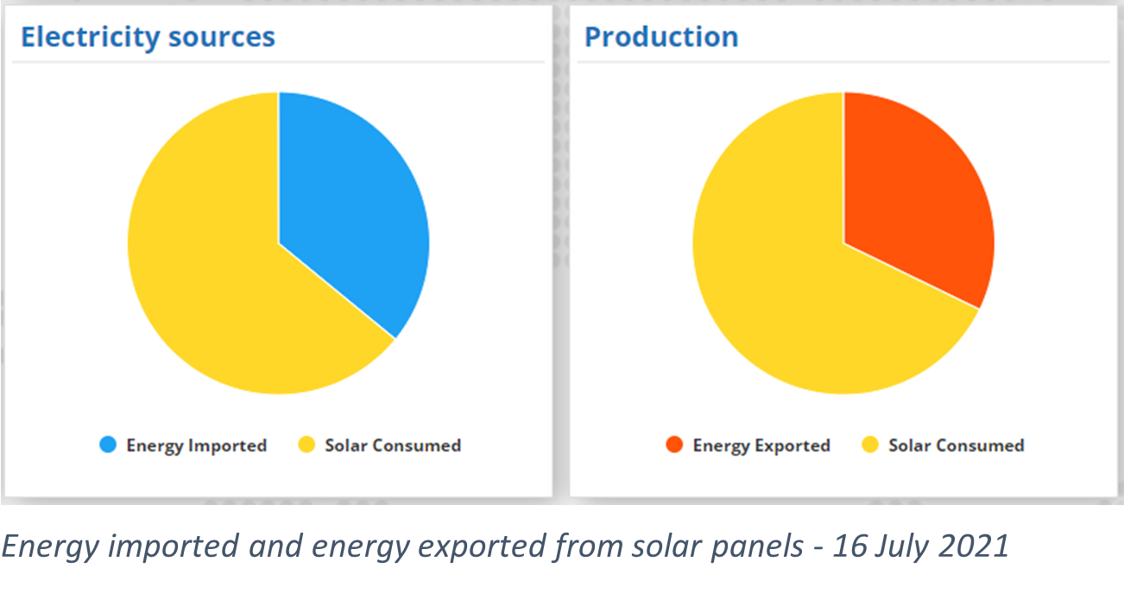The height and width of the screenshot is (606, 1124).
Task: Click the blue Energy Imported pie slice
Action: pos(350,207)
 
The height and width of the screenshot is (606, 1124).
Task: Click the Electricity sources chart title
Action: pos(148,37)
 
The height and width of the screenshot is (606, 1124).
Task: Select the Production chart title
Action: pos(661,37)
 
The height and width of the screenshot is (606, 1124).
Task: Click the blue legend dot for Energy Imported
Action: pos(108,445)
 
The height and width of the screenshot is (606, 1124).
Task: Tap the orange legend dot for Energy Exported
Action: pos(674,445)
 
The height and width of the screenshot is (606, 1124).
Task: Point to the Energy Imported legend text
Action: pos(196,445)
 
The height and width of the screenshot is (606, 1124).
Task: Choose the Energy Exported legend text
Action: pos(761,445)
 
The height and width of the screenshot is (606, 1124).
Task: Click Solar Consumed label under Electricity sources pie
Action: pos(393,445)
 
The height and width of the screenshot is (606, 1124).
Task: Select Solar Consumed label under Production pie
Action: pos(956,445)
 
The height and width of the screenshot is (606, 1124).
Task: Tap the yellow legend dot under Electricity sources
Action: pos(306,445)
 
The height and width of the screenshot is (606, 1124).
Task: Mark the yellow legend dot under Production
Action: pos(870,445)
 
